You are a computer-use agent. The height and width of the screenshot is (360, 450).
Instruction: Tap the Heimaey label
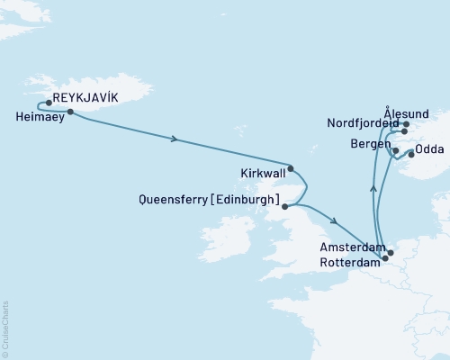[40, 116]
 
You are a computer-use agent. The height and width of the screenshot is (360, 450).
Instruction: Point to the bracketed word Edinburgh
[253, 199]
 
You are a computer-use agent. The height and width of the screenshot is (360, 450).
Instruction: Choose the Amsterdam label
[352, 247]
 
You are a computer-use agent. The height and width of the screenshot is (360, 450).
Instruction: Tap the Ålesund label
[402, 112]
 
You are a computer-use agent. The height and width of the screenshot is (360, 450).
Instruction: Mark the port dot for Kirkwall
[290, 168]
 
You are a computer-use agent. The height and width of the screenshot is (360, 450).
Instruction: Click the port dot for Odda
[412, 154]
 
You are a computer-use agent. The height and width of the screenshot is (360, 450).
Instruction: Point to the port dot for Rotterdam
[385, 259]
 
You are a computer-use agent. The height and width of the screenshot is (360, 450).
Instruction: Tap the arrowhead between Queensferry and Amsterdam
[334, 222]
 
